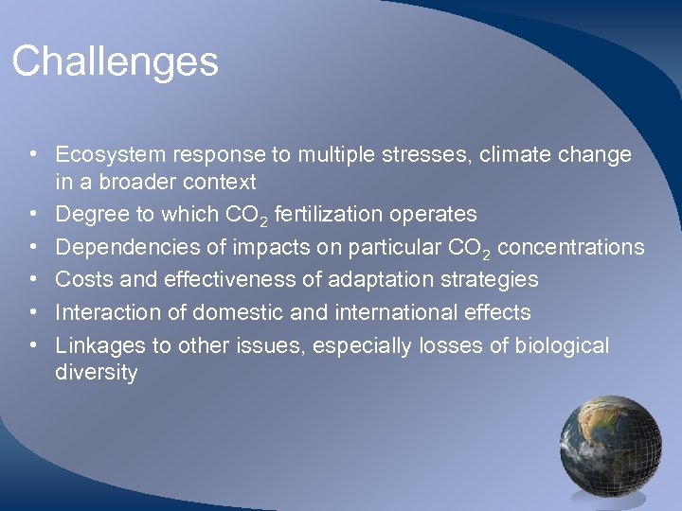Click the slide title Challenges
(x=115, y=62)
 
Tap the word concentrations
(x=570, y=247)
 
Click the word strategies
(x=489, y=279)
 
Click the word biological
(x=564, y=345)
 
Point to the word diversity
(x=97, y=372)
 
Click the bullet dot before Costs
(x=32, y=280)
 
